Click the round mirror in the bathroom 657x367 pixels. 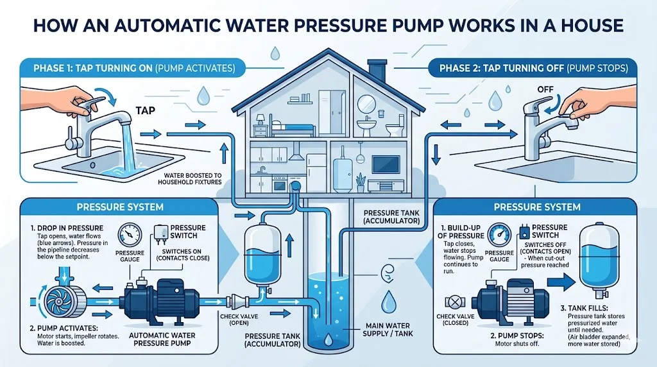pyautogui.click(x=366, y=103)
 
